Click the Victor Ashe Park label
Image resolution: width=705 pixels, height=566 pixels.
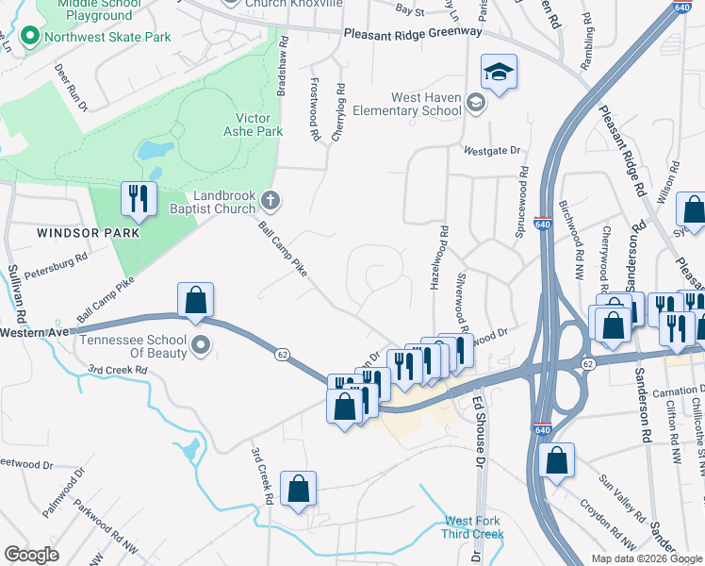point(259,125)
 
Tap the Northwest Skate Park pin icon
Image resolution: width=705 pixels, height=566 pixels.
point(29,37)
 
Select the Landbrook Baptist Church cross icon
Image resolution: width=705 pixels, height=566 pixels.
point(271,199)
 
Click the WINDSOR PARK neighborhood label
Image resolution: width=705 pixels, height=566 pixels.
point(81,232)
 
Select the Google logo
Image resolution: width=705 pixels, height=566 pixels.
point(31,555)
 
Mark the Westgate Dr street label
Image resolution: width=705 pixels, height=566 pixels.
point(492,151)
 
